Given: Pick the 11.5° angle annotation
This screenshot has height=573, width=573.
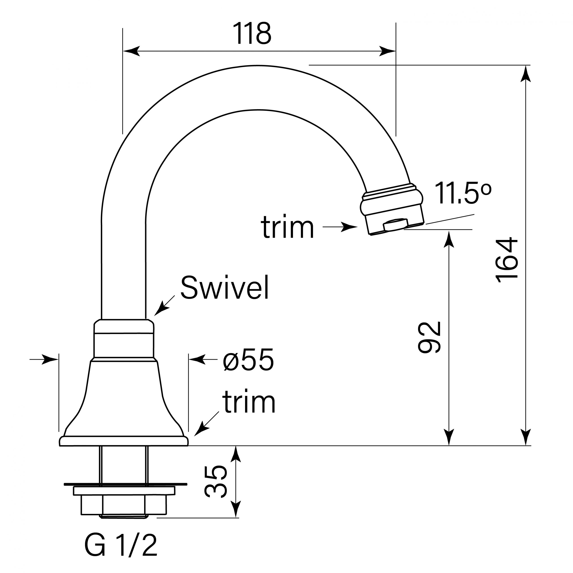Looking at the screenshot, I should tap(463, 193).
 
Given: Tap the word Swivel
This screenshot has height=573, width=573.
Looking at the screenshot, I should tap(224, 288).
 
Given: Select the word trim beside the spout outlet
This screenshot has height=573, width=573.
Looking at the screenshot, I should tap(287, 227).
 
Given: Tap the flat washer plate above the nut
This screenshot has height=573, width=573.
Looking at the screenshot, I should tap(124, 491).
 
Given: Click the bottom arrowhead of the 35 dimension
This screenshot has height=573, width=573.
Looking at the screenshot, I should tap(236, 509).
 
